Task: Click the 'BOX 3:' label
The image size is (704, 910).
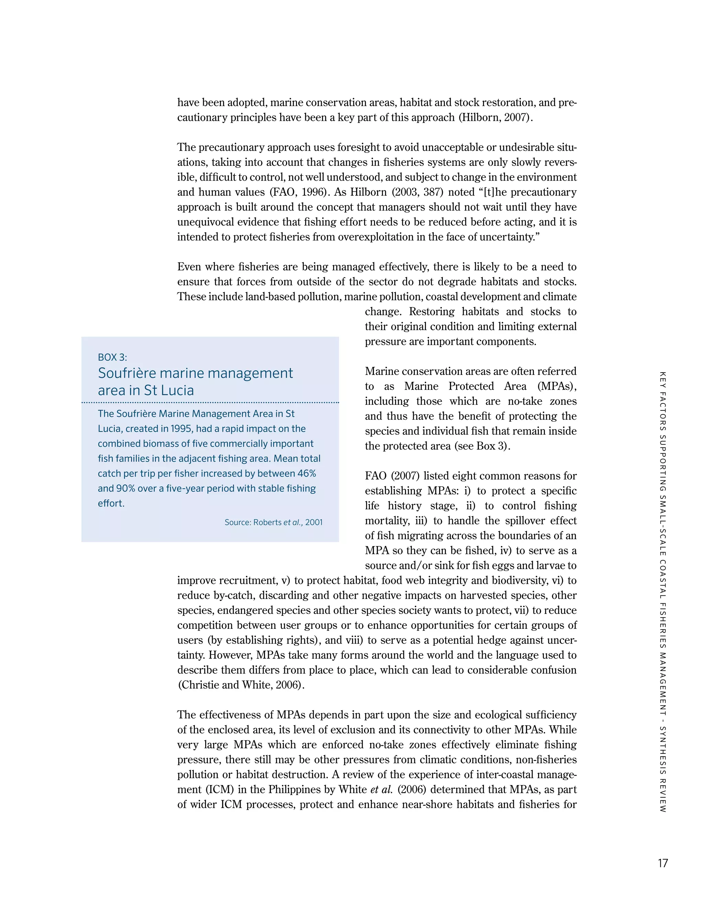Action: click(x=112, y=357)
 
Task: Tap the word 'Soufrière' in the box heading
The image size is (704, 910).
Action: click(x=127, y=373)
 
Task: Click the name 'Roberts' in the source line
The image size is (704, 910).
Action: click(x=267, y=523)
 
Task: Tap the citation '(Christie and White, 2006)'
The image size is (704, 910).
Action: click(x=240, y=685)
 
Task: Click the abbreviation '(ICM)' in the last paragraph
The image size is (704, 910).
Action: click(x=220, y=789)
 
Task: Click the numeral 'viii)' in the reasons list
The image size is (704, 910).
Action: click(x=355, y=640)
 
